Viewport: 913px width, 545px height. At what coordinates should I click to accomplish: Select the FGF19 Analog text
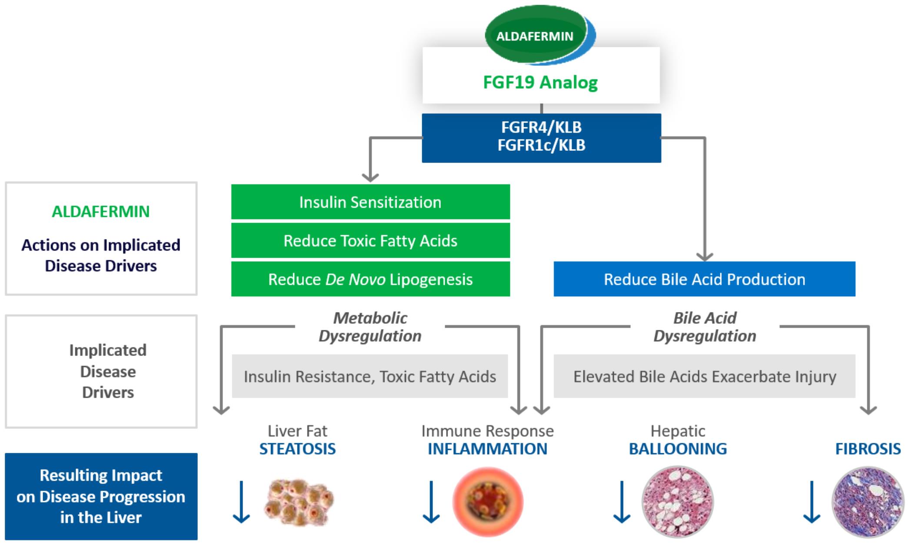click(x=540, y=82)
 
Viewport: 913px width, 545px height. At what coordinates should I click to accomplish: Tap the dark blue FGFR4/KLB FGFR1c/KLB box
click(x=541, y=138)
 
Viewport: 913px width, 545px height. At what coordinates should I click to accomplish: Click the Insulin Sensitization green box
click(x=370, y=202)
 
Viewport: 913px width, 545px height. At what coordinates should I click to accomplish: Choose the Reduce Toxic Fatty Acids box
click(x=370, y=241)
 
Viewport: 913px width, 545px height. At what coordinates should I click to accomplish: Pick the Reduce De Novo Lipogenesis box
click(x=370, y=279)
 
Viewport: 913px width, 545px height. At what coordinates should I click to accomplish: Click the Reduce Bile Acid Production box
click(x=704, y=279)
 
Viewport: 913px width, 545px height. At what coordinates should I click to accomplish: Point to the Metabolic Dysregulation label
click(x=370, y=327)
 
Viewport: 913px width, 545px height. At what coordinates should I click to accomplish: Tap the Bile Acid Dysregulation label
click(x=705, y=327)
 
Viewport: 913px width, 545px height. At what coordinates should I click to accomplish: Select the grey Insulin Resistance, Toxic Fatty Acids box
click(x=370, y=376)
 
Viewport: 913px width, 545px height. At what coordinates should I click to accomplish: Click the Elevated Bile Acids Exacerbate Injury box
click(x=704, y=376)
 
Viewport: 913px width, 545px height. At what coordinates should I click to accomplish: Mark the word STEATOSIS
click(x=297, y=449)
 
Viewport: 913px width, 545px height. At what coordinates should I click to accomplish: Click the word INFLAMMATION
click(x=487, y=449)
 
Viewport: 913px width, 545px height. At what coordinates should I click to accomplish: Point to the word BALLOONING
click(x=678, y=449)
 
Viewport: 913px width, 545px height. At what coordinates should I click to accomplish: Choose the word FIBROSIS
click(x=868, y=449)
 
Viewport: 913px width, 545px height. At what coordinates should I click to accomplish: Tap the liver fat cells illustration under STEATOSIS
click(x=299, y=502)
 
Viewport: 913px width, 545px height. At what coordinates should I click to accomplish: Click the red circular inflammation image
click(x=488, y=502)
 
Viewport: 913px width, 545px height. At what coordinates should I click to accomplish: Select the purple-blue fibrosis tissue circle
click(x=868, y=502)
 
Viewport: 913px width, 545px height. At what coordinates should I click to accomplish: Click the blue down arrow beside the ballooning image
click(x=622, y=502)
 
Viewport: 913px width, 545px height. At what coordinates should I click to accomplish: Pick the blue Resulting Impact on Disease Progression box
click(x=101, y=496)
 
